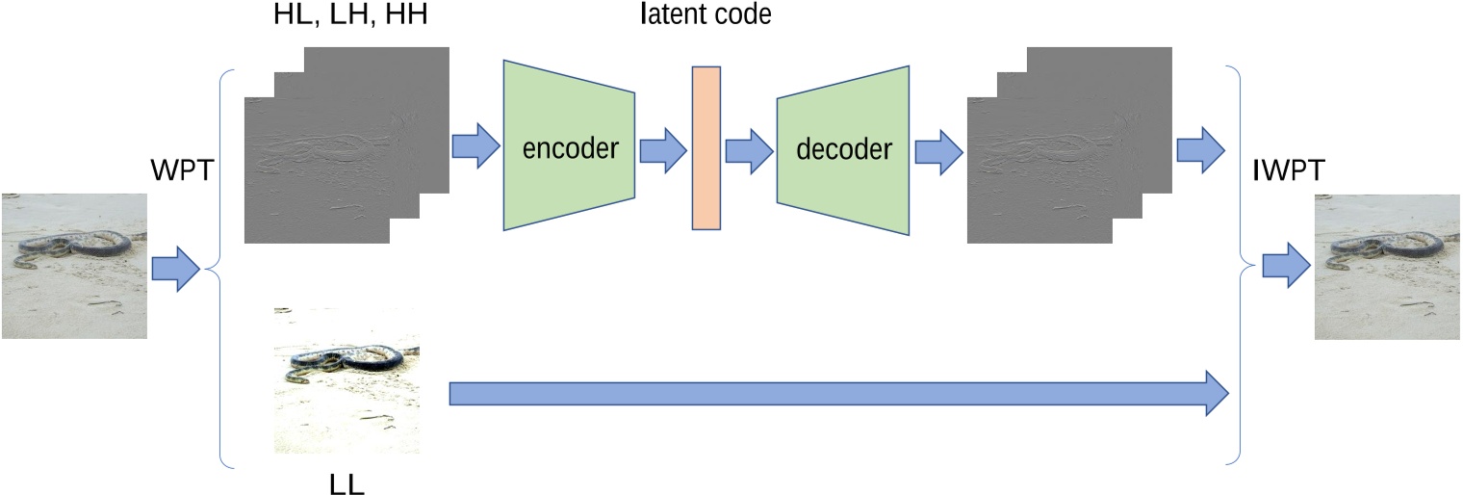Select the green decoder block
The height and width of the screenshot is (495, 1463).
[842, 149]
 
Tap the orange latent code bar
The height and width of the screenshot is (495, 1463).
[706, 147]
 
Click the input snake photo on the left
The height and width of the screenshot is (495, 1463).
[74, 266]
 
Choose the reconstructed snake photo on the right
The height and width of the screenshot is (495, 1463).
[1387, 267]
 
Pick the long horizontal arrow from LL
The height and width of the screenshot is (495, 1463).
[837, 393]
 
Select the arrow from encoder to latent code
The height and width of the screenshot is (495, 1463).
[662, 150]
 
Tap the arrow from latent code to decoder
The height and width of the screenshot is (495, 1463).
[749, 150]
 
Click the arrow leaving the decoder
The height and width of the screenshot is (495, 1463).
[938, 150]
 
